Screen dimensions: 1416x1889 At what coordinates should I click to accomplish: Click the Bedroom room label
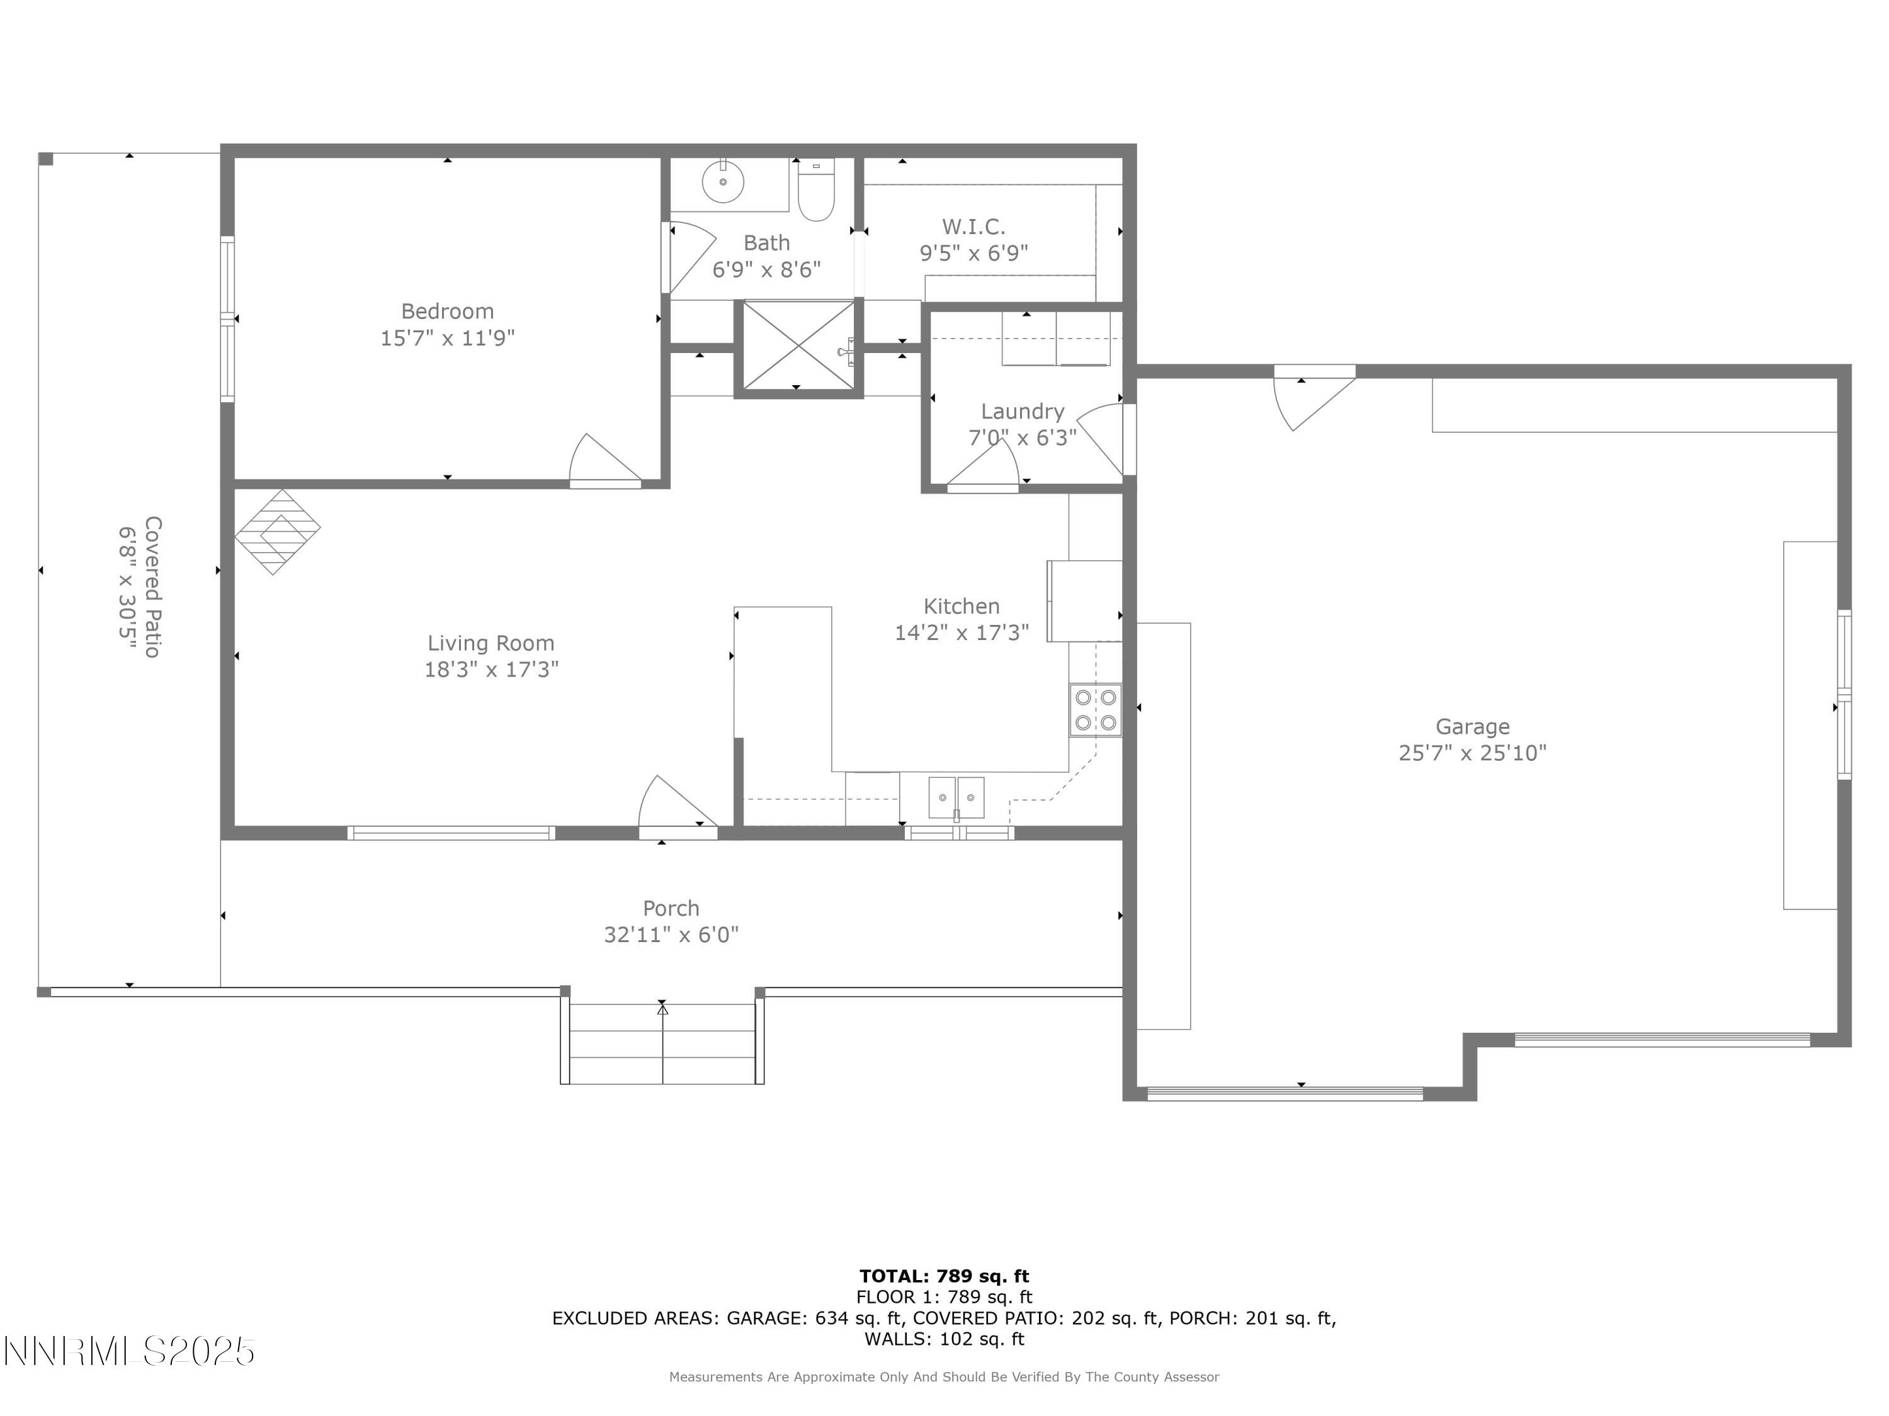coord(448,312)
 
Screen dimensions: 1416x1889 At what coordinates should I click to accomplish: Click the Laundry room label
coord(1022,412)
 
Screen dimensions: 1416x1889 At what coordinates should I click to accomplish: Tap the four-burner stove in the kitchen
coord(1096,710)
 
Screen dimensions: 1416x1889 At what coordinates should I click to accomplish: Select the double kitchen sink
coord(956,797)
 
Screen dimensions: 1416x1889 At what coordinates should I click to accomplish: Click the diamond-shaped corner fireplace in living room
coord(276,531)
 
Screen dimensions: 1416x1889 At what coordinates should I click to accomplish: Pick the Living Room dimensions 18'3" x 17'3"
coord(491,669)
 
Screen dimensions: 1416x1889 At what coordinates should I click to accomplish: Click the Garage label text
coord(1472,726)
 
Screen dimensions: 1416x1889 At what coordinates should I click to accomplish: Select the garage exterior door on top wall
coord(1311,397)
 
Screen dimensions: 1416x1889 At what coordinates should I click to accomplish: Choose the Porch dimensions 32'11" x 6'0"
coord(671,935)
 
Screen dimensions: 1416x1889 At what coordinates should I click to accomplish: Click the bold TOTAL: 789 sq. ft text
coord(944,1276)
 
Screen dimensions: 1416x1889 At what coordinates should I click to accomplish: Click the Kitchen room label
coord(961,606)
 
